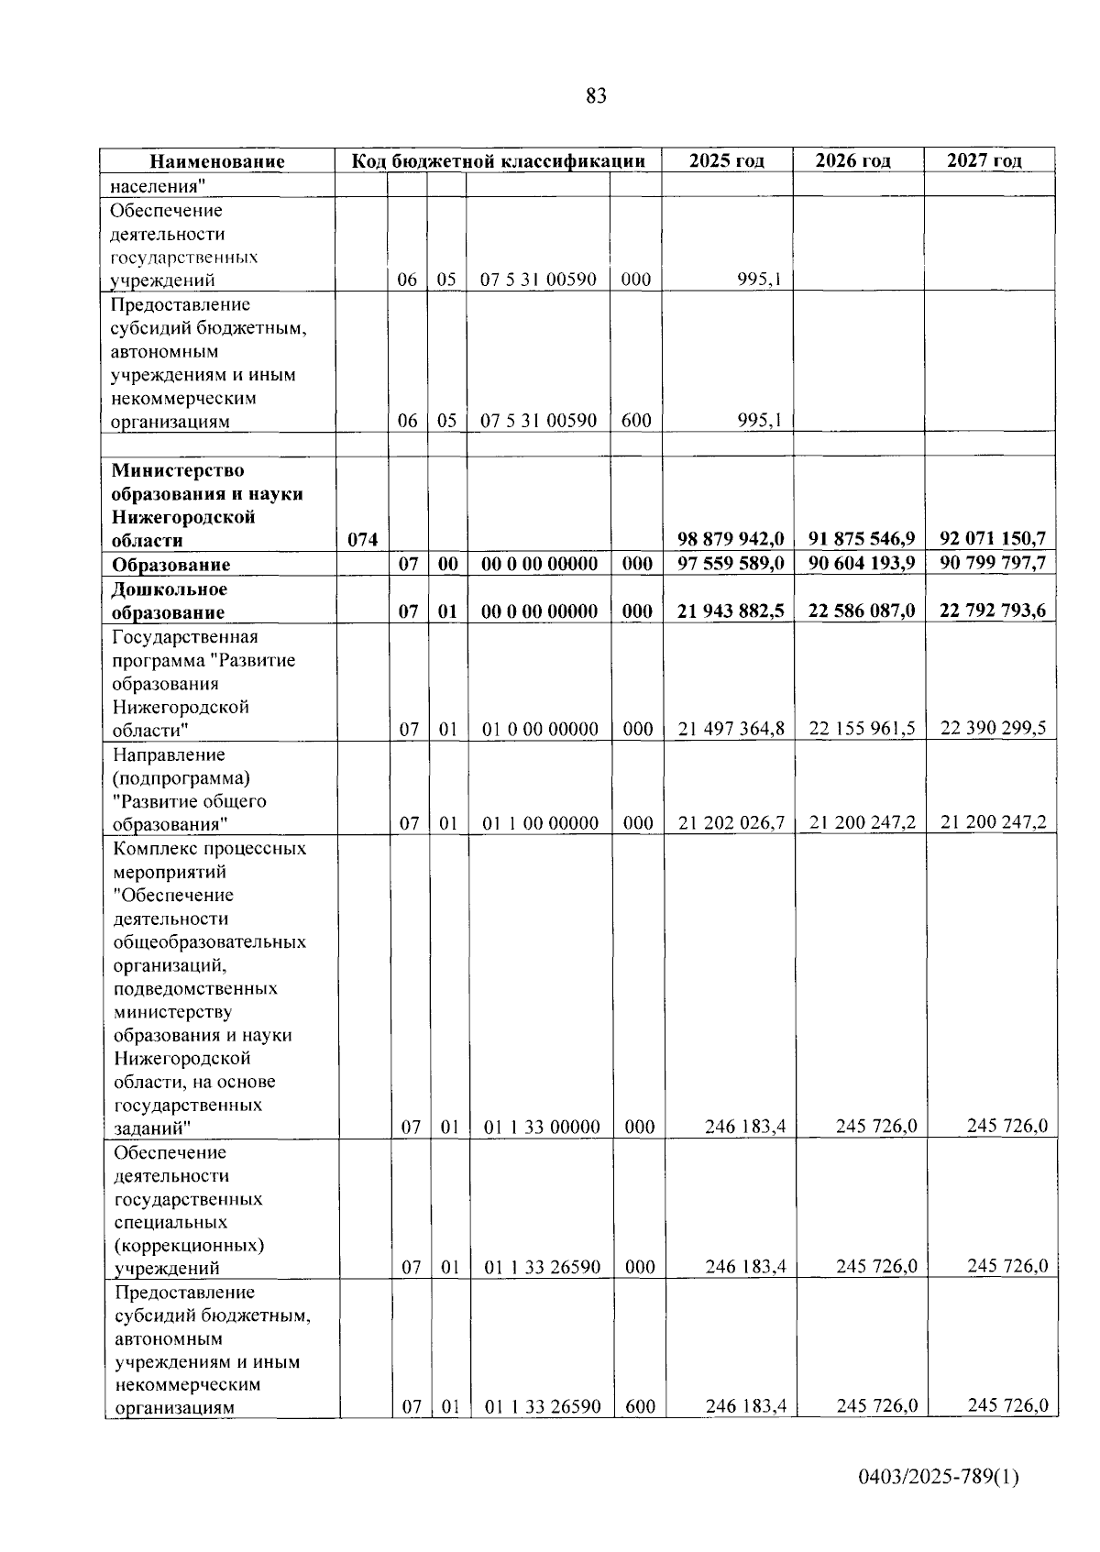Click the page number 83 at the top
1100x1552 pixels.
pyautogui.click(x=595, y=96)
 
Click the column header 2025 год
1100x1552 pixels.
pyautogui.click(x=726, y=160)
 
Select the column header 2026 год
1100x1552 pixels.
pyautogui.click(x=852, y=160)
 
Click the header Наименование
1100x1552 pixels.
pyautogui.click(x=217, y=161)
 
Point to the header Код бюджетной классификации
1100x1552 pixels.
pyautogui.click(x=500, y=160)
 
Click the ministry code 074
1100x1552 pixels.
pyautogui.click(x=362, y=540)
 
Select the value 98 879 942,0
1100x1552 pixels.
pyautogui.click(x=731, y=539)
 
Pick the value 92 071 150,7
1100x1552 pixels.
pyautogui.click(x=993, y=539)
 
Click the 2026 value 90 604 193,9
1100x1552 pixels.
pyautogui.click(x=862, y=563)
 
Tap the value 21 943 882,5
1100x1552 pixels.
pyautogui.click(x=731, y=611)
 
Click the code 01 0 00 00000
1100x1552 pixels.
pyautogui.click(x=540, y=730)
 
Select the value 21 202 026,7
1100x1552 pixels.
pyautogui.click(x=731, y=823)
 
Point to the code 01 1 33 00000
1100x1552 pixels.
pyautogui.click(x=542, y=1127)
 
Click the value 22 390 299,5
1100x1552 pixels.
pyautogui.click(x=993, y=728)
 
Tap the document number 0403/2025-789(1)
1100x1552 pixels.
pyautogui.click(x=939, y=1477)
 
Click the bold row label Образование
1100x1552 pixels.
pyautogui.click(x=170, y=565)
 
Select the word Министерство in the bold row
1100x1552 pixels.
pyautogui.click(x=178, y=470)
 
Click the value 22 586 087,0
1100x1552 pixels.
pyautogui.click(x=862, y=611)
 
